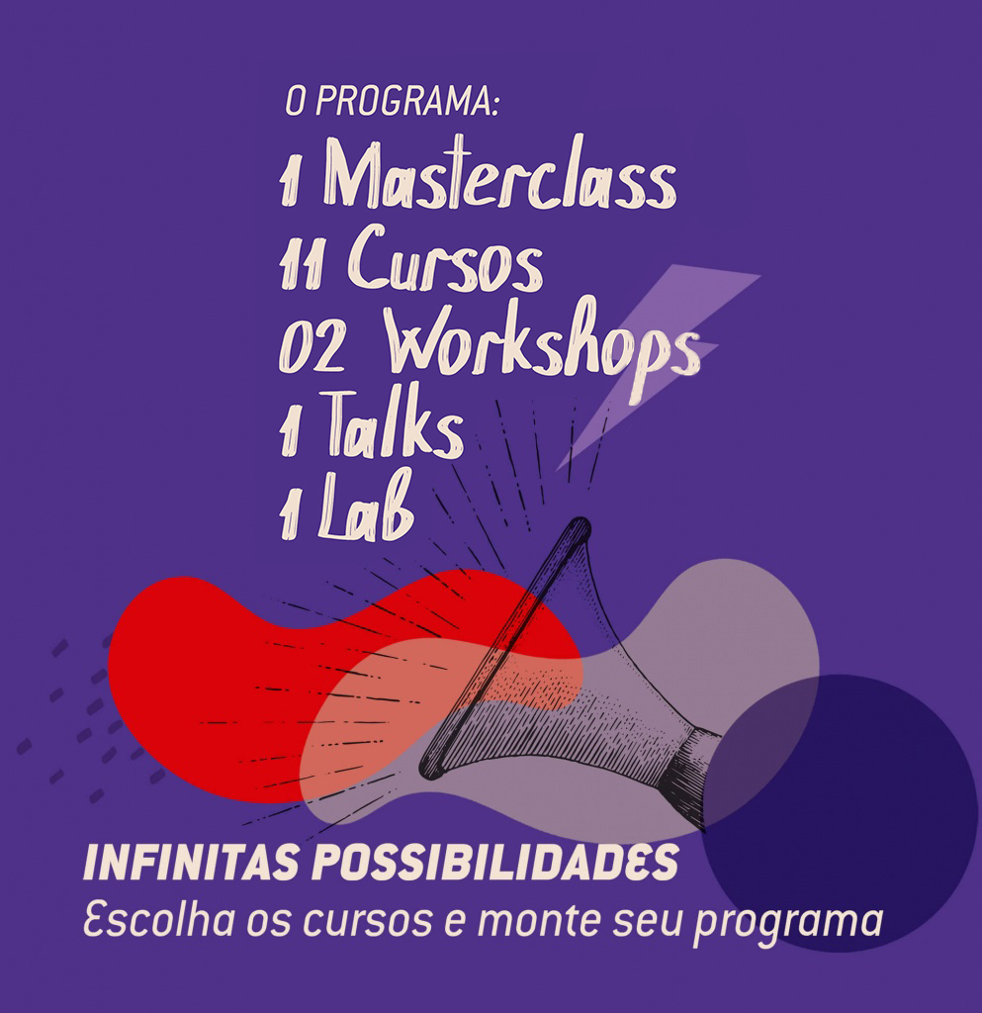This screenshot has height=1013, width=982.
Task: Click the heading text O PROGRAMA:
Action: pos(392,102)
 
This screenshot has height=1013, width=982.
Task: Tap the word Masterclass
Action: pos(499,172)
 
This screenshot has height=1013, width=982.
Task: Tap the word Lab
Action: pos(366,506)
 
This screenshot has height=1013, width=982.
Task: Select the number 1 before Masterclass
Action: pos(290,182)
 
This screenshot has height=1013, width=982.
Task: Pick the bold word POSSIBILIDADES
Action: pos(495,863)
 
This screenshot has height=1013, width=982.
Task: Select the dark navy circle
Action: pos(840,813)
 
